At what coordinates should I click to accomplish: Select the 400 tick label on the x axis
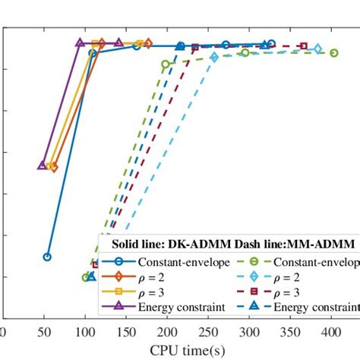pyautogui.click(x=330, y=333)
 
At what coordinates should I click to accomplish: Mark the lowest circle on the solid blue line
pyautogui.click(x=47, y=257)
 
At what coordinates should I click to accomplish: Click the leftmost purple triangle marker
pyautogui.click(x=43, y=165)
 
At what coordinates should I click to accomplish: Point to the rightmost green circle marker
pyautogui.click(x=334, y=52)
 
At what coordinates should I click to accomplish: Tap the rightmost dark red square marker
pyautogui.click(x=304, y=46)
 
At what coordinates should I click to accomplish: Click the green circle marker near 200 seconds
pyautogui.click(x=166, y=65)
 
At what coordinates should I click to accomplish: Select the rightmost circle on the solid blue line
pyautogui.click(x=272, y=44)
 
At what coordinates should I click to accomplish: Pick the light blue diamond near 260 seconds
pyautogui.click(x=215, y=57)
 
